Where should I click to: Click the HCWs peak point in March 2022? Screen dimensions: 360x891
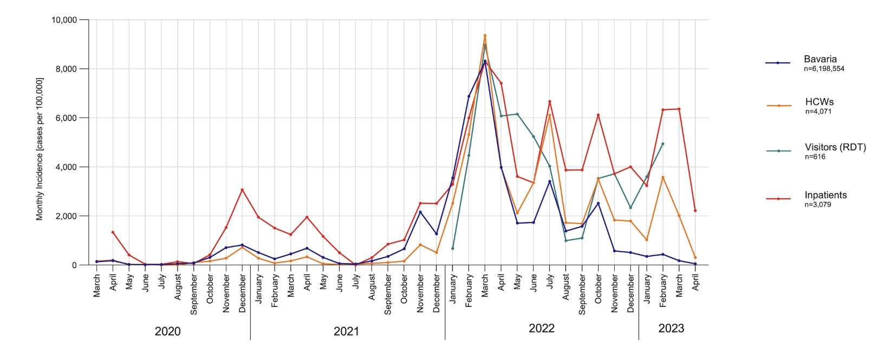(485, 36)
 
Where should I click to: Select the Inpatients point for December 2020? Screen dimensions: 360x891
(242, 190)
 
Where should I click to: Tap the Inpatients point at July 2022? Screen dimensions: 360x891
(550, 102)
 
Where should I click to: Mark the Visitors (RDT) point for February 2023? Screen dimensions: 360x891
(663, 144)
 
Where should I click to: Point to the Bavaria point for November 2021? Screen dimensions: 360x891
(420, 212)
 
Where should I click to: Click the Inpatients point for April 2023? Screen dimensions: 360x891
(695, 211)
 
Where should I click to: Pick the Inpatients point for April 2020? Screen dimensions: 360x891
(113, 232)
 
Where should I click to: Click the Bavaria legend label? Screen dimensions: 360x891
(820, 59)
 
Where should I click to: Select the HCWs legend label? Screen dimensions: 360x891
(819, 102)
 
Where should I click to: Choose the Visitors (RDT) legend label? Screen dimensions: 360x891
(835, 147)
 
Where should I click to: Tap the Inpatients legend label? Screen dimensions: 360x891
(825, 195)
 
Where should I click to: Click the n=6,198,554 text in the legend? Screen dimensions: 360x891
(824, 69)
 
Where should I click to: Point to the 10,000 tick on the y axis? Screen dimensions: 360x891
(64, 20)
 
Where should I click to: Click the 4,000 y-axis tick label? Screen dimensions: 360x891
(66, 167)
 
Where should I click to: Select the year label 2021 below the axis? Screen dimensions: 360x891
(346, 331)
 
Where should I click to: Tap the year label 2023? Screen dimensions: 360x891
(671, 328)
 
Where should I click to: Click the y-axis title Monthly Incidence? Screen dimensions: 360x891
(40, 149)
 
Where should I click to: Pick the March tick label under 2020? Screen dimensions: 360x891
(97, 285)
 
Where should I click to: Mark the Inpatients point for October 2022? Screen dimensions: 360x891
(599, 115)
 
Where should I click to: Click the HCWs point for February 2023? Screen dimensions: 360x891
(663, 178)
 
